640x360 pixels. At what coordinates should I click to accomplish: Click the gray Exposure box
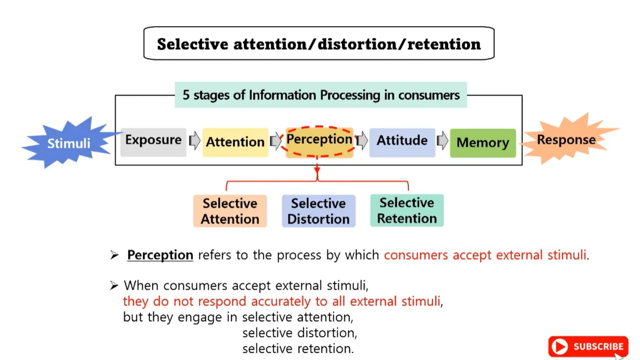click(x=153, y=142)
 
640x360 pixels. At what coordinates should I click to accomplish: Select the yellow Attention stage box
click(x=235, y=142)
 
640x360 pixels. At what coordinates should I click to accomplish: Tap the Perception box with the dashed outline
click(x=319, y=142)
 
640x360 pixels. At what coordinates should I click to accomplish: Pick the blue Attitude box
click(x=402, y=142)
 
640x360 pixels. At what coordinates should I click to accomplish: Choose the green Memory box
click(x=483, y=143)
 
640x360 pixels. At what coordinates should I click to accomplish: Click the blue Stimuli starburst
click(x=69, y=143)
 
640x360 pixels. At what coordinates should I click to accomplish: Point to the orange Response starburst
click(x=566, y=140)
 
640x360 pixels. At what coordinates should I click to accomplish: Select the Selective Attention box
click(x=230, y=211)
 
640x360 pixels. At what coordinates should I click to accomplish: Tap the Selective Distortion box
click(x=318, y=211)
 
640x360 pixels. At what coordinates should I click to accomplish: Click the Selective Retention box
click(x=407, y=210)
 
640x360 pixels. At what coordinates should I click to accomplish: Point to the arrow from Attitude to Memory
click(x=442, y=141)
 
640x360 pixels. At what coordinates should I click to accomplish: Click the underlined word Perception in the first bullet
click(x=160, y=255)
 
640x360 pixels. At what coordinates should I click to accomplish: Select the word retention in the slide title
click(x=444, y=44)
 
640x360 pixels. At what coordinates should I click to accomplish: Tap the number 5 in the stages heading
click(x=186, y=95)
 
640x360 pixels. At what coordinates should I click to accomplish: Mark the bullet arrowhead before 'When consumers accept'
click(x=114, y=285)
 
